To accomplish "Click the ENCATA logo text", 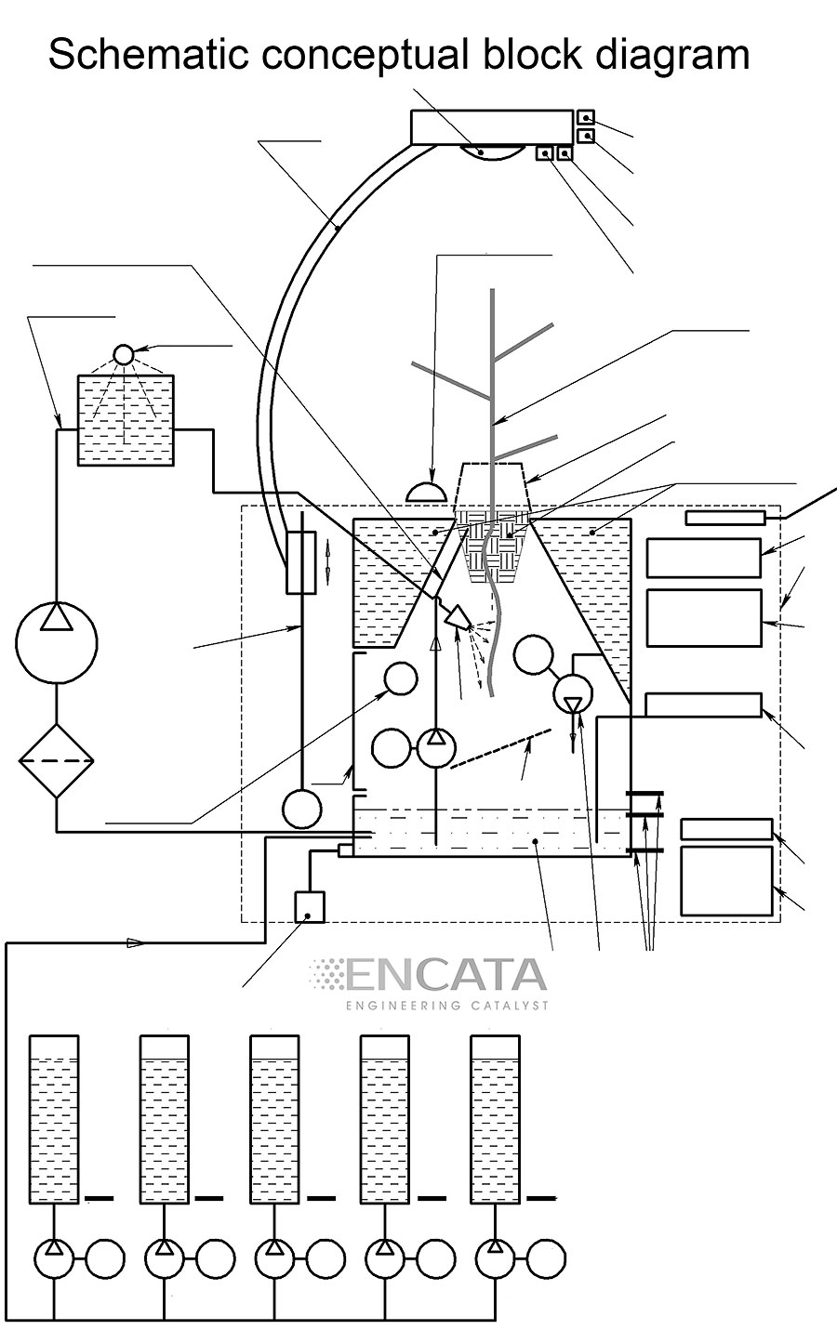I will (x=446, y=975).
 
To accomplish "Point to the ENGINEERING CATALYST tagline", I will (x=446, y=1006).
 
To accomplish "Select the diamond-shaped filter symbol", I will (x=57, y=761).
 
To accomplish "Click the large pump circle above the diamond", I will (x=57, y=641).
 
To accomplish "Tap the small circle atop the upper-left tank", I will (x=124, y=354).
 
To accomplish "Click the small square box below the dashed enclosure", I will (x=309, y=906).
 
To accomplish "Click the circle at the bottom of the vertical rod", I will (x=302, y=809).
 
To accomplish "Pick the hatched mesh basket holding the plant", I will (x=493, y=548).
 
